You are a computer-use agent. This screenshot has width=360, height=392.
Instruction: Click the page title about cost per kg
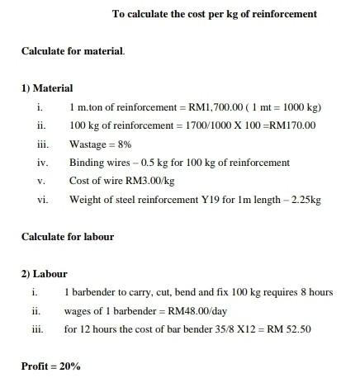(x=214, y=14)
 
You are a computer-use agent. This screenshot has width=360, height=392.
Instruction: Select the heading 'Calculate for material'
(x=73, y=51)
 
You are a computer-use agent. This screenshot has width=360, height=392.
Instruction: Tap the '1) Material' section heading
(x=47, y=88)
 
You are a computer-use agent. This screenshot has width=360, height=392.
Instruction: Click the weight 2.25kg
(x=306, y=199)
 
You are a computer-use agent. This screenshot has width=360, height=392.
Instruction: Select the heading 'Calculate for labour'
(x=68, y=237)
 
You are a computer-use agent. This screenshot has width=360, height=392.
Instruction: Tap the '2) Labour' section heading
(x=45, y=274)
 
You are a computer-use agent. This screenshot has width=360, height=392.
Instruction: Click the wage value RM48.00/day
(x=201, y=311)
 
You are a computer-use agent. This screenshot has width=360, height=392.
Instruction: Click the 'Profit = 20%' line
(x=51, y=366)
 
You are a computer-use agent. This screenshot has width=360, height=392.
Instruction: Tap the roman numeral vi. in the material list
(x=42, y=199)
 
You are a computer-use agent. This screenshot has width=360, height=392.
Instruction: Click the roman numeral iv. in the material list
(x=42, y=163)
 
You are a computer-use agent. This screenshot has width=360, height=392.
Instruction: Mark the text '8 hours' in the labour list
(x=315, y=292)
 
